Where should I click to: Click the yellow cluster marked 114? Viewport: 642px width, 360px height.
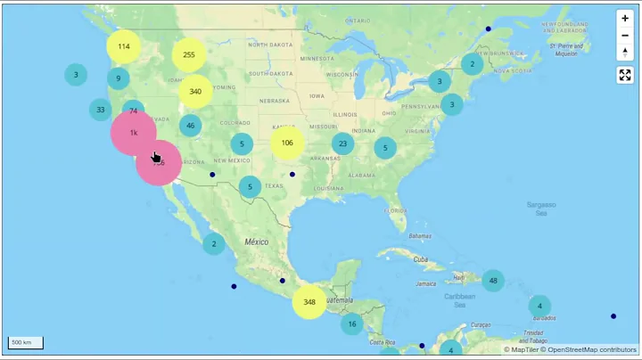(124, 46)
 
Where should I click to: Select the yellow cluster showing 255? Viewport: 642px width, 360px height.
(189, 54)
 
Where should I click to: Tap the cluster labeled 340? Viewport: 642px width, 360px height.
(195, 91)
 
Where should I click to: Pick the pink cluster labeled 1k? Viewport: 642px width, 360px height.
(133, 133)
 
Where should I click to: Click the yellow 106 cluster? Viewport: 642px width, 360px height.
(287, 143)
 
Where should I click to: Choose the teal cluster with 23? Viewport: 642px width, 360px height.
(343, 143)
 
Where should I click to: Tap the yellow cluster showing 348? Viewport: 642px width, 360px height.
(309, 302)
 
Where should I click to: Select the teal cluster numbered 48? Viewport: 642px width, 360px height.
(493, 281)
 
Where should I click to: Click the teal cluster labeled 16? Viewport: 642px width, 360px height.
(352, 324)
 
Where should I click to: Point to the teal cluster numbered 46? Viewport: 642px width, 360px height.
(190, 126)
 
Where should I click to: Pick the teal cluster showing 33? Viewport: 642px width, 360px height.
(101, 110)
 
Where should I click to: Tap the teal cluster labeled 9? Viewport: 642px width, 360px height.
(119, 78)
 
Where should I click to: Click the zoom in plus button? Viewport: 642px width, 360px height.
(625, 18)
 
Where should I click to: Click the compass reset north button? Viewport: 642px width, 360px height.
(625, 52)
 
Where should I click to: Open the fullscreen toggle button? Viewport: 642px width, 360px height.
(625, 75)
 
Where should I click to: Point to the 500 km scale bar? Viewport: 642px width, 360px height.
(26, 342)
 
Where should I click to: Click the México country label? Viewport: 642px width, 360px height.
(257, 241)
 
